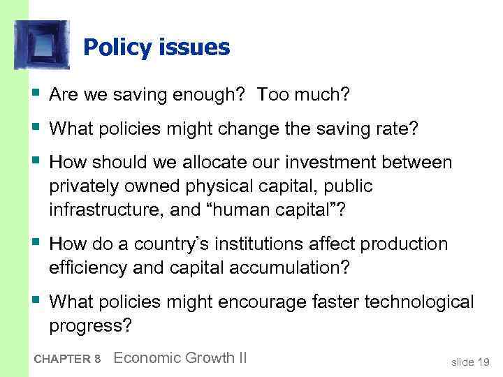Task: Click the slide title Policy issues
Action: (x=156, y=47)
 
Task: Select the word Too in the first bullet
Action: (x=273, y=94)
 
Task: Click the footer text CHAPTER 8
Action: (x=66, y=360)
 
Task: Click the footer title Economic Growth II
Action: (x=180, y=358)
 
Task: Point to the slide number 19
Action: (x=481, y=361)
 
